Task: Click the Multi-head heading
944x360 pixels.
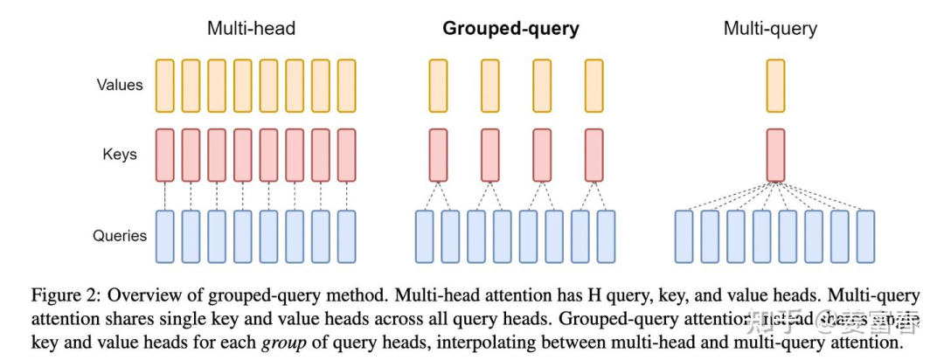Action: click(x=251, y=28)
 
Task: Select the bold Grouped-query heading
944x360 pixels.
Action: click(x=510, y=28)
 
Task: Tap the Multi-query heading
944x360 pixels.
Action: click(x=770, y=28)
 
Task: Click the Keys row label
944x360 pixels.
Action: click(x=121, y=155)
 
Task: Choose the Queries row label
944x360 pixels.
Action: click(x=119, y=236)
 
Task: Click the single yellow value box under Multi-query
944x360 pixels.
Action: click(x=775, y=85)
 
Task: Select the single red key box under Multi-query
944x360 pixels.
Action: click(x=775, y=155)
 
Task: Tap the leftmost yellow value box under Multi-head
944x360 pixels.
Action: click(x=165, y=85)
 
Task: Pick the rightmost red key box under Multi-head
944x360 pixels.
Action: click(x=347, y=155)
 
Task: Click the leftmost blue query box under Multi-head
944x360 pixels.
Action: click(x=165, y=237)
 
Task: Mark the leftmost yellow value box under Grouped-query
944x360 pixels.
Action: click(x=438, y=85)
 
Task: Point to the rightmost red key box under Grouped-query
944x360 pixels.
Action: click(x=594, y=155)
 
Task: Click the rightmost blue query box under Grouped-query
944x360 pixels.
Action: click(x=607, y=237)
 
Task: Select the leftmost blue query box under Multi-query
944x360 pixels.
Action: click(x=684, y=237)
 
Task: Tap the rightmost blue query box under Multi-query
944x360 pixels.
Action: click(x=865, y=237)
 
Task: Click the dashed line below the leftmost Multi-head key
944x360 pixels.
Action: click(x=165, y=195)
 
